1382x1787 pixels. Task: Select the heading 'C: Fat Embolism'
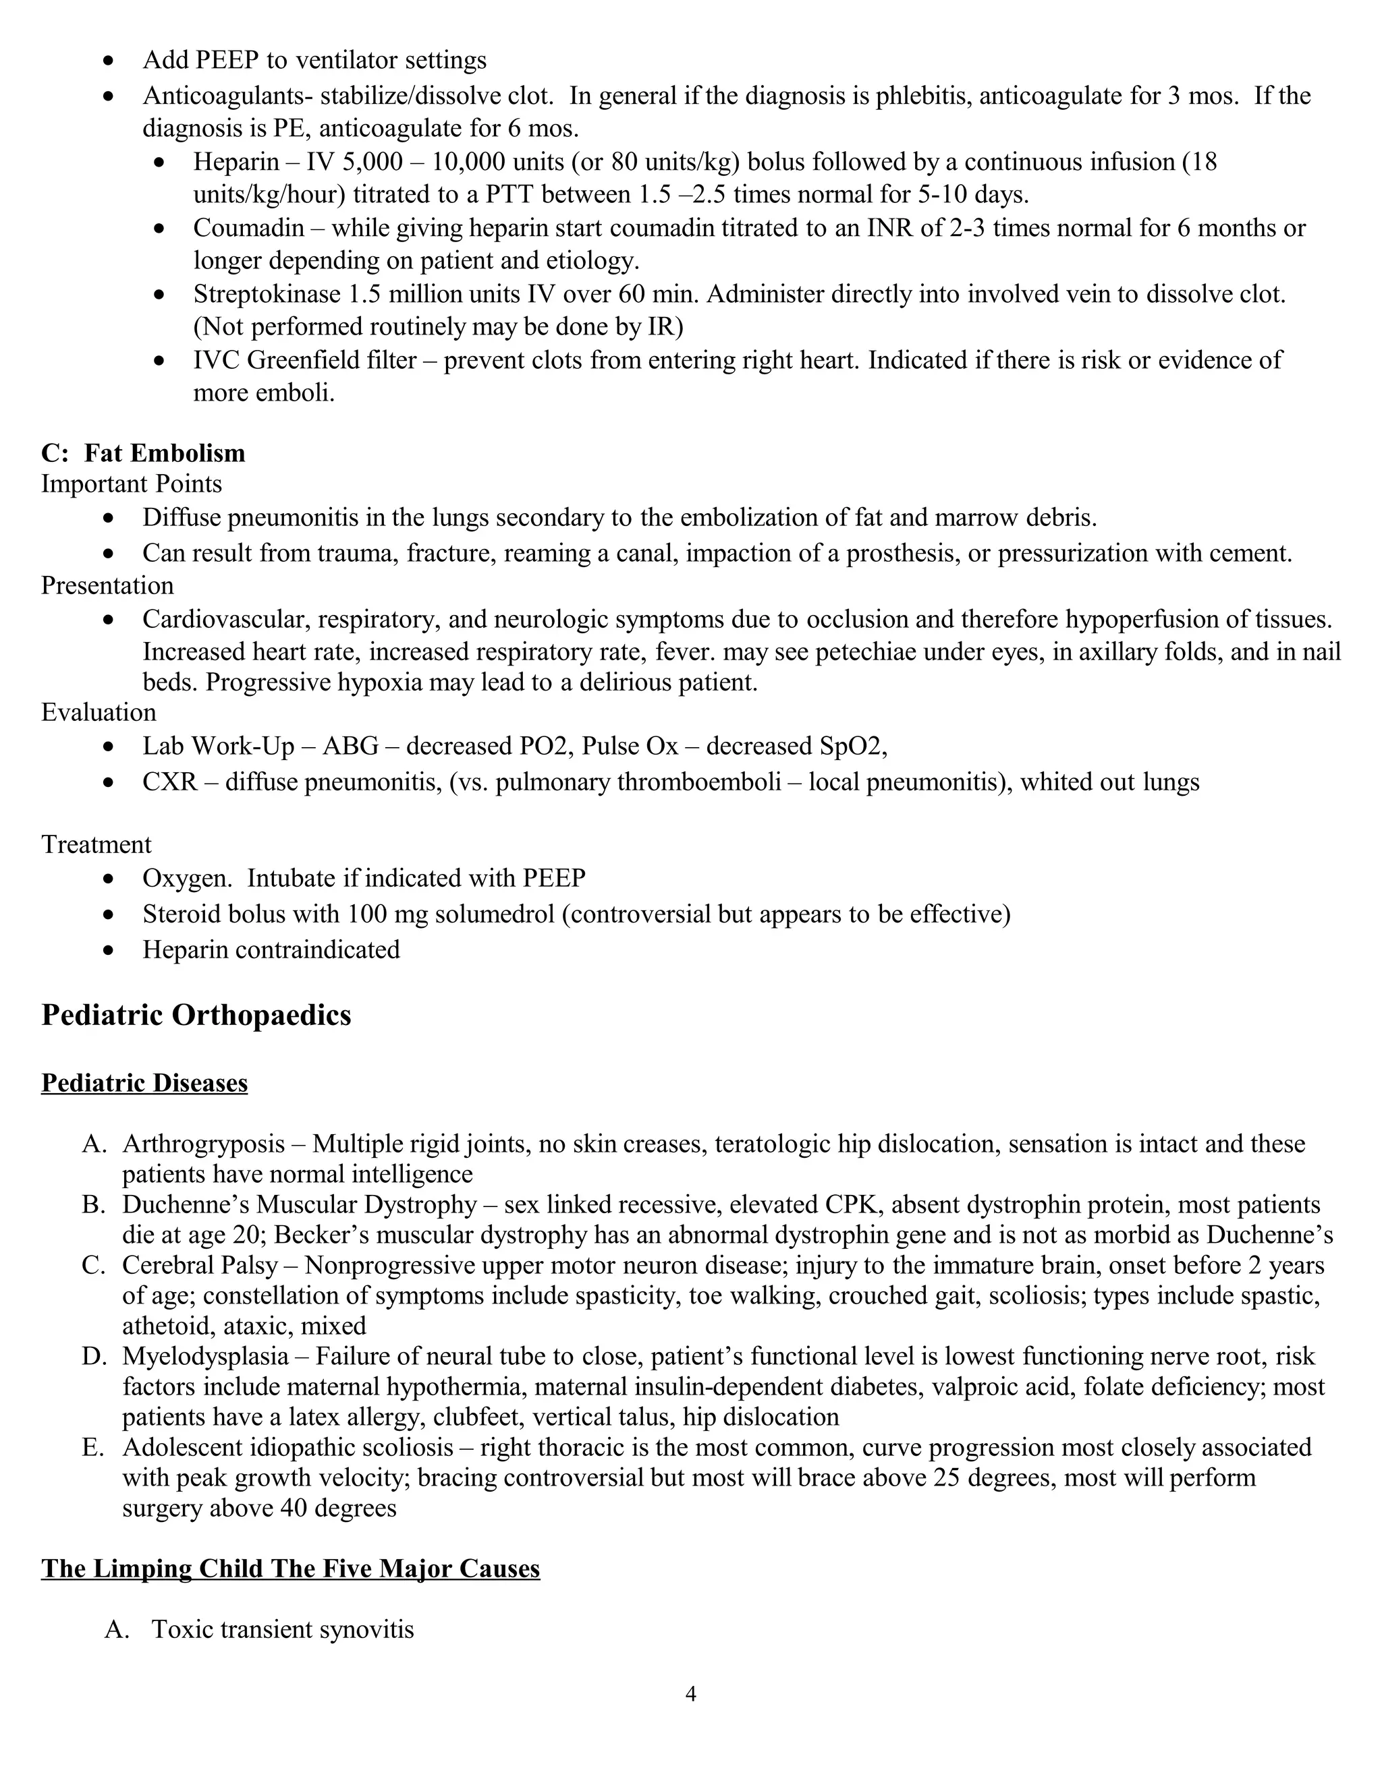[x=143, y=452]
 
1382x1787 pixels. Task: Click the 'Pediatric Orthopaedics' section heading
[x=196, y=1015]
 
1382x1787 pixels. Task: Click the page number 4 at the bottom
[x=690, y=1694]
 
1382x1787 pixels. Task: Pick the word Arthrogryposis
[x=204, y=1143]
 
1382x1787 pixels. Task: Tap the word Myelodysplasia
[x=206, y=1356]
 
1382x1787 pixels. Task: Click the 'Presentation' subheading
[x=107, y=585]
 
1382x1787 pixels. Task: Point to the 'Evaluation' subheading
[x=99, y=712]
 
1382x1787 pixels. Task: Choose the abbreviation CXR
[x=169, y=782]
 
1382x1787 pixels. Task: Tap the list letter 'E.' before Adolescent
[x=93, y=1446]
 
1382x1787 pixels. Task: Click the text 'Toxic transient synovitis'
[x=283, y=1629]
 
